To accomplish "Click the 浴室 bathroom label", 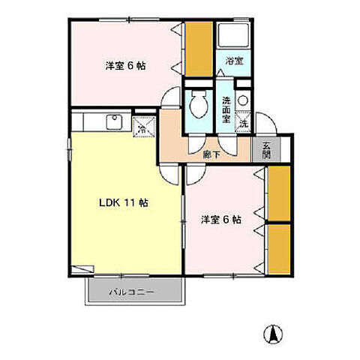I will click(x=234, y=61).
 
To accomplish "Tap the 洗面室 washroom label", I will click(x=226, y=109).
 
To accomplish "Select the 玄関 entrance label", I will click(x=267, y=151).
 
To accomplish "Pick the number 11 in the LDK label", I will click(x=133, y=203).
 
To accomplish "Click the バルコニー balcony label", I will click(x=136, y=291).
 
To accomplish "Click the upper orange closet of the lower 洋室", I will click(x=280, y=193).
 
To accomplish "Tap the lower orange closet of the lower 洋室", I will click(x=280, y=248).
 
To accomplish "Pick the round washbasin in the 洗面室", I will click(x=242, y=101).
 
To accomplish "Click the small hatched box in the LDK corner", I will click(x=82, y=268).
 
